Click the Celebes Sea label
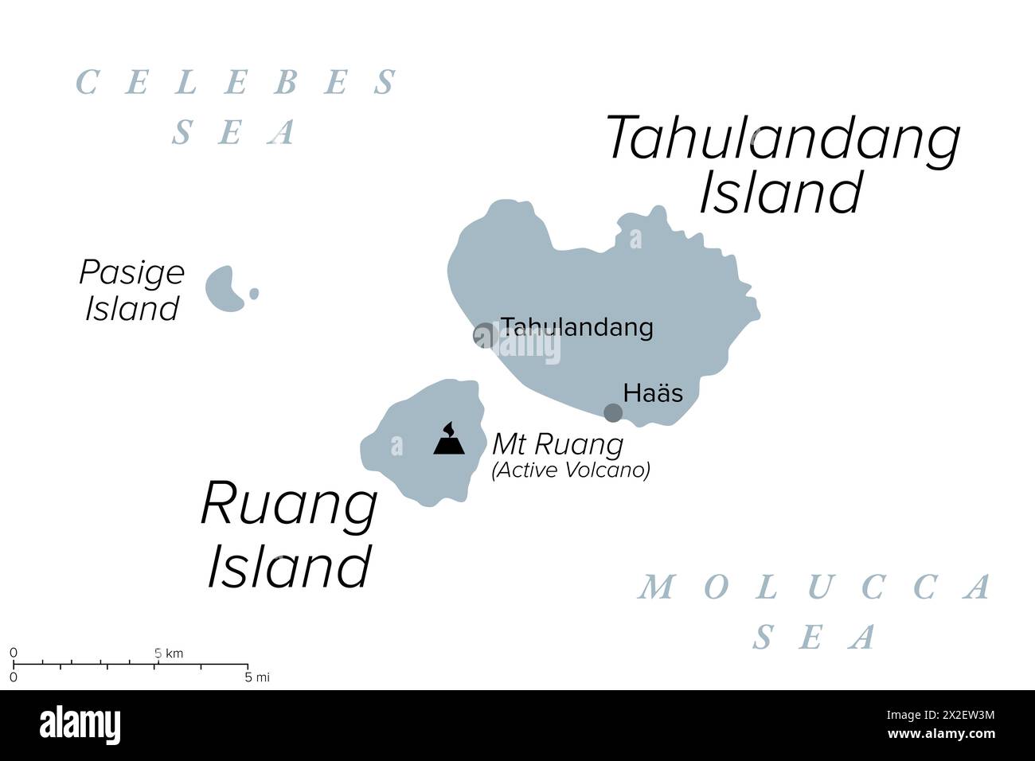pos(236,107)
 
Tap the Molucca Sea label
pos(816,611)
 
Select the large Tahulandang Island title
pos(783,165)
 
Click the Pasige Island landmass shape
pos(225,288)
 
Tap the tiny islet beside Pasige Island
pos(254,294)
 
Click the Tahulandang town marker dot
pos(483,336)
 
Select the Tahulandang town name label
pos(576,327)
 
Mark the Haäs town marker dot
pos(612,412)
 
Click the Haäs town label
pos(653,392)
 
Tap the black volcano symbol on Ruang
pos(449,439)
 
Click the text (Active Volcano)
pos(571,470)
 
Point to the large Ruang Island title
pos(289,535)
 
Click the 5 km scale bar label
pos(168,654)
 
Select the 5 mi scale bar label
pos(257,677)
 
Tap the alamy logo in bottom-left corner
pos(80,725)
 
